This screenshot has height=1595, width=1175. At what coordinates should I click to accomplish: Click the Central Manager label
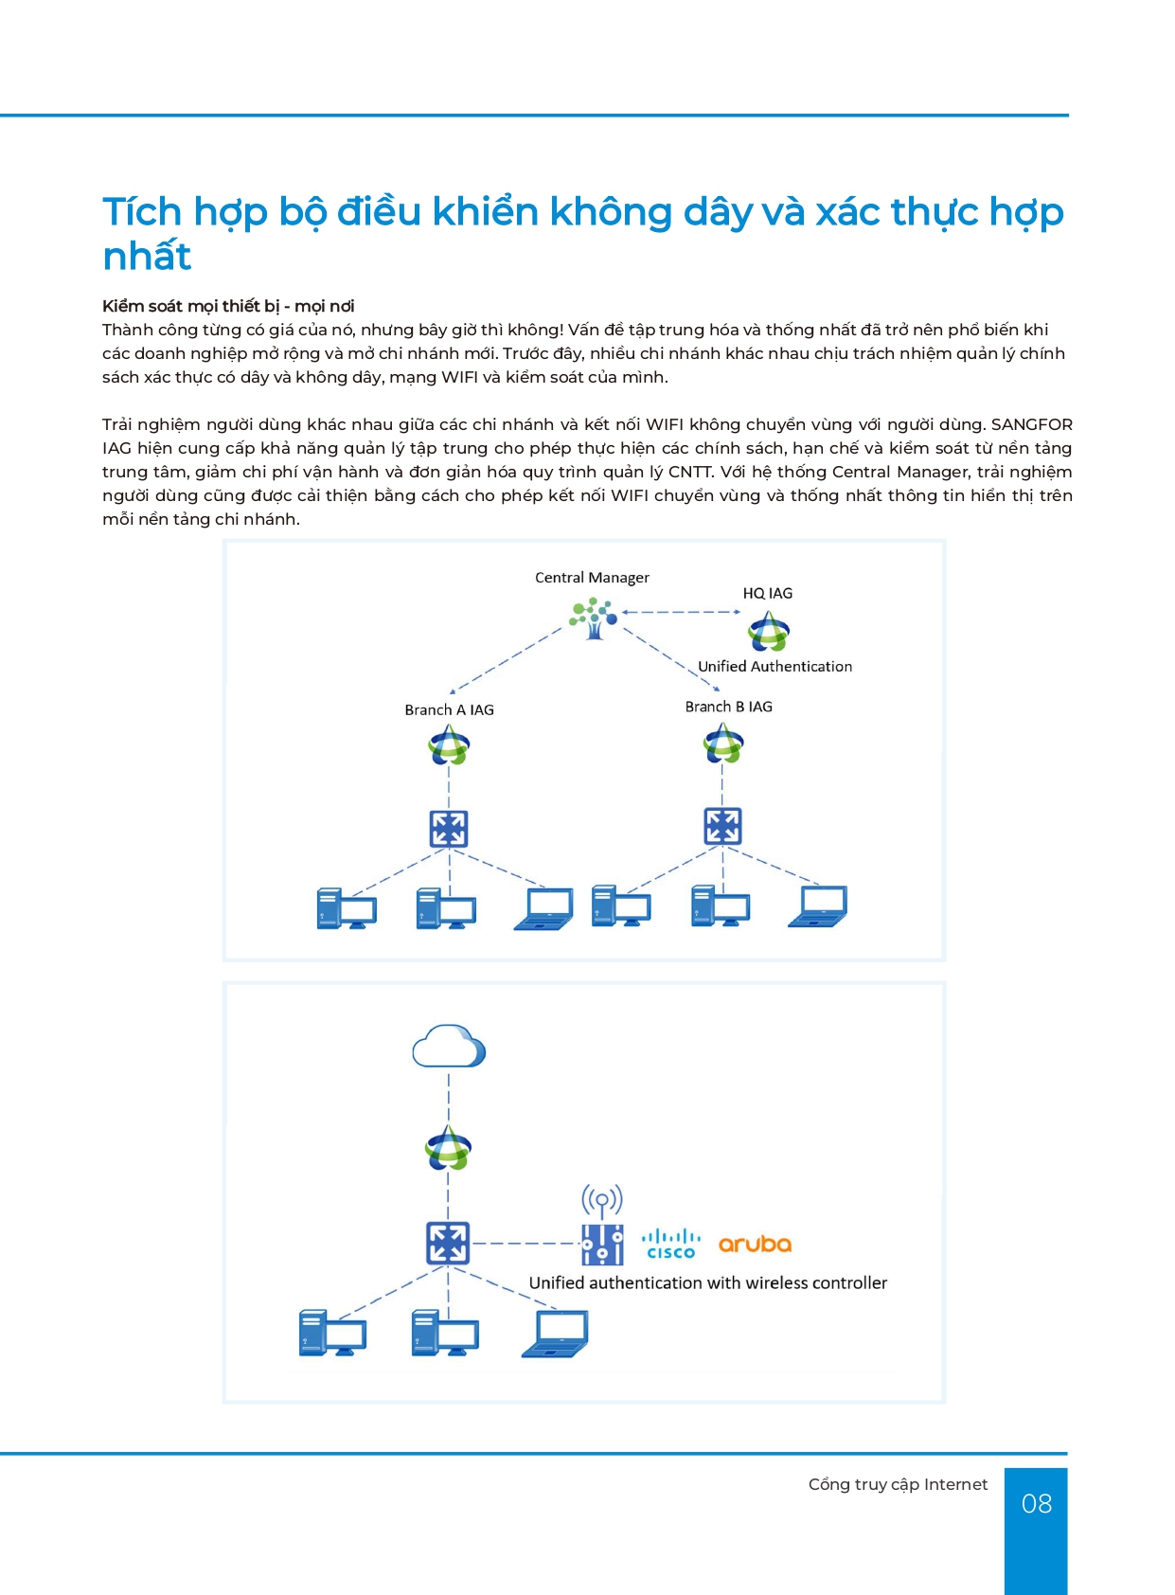click(592, 578)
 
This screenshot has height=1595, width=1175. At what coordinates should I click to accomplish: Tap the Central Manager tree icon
click(594, 618)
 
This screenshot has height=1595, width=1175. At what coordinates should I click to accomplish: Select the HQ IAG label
click(767, 593)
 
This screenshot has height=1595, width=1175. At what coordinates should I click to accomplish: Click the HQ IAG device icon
click(768, 631)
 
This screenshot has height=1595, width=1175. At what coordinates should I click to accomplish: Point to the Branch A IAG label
click(449, 709)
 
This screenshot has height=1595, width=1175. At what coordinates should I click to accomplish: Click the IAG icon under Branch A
click(449, 745)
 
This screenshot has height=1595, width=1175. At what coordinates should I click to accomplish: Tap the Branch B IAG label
click(728, 707)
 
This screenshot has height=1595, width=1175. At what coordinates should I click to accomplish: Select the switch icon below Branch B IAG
click(722, 826)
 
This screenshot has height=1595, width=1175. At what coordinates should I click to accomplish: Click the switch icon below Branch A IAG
click(449, 829)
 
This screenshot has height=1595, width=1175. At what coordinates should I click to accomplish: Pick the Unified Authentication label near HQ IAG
click(774, 667)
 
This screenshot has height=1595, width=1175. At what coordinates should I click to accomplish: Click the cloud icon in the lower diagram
click(449, 1047)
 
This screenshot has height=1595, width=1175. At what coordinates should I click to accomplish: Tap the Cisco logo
click(671, 1244)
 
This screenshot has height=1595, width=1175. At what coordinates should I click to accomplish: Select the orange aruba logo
click(755, 1244)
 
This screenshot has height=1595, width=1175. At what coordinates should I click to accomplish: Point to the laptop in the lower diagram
click(556, 1334)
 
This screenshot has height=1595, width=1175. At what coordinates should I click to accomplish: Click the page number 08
click(1036, 1504)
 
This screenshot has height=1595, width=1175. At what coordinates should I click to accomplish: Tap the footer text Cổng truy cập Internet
click(898, 1484)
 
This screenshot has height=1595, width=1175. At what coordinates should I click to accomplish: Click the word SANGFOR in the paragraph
click(1031, 424)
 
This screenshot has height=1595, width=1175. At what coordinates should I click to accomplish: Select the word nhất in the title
click(147, 256)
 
